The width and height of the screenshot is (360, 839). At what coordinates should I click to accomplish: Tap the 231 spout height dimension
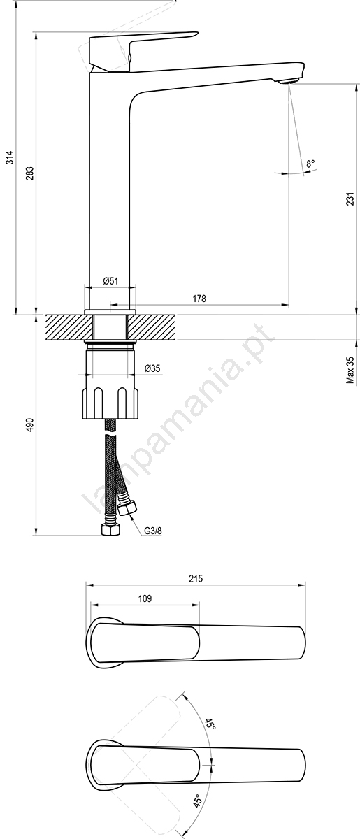pos(350,199)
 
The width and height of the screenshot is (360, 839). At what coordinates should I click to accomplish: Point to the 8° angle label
pos(310,164)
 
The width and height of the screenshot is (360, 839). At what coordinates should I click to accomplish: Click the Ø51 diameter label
pos(110,280)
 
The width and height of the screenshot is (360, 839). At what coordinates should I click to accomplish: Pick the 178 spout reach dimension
pos(199,299)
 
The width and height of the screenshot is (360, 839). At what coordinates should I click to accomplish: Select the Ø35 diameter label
pos(152,368)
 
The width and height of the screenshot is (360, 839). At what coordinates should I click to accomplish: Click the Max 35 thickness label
pos(350,370)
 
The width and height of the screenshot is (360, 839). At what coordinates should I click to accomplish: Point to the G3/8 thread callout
pos(153,531)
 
